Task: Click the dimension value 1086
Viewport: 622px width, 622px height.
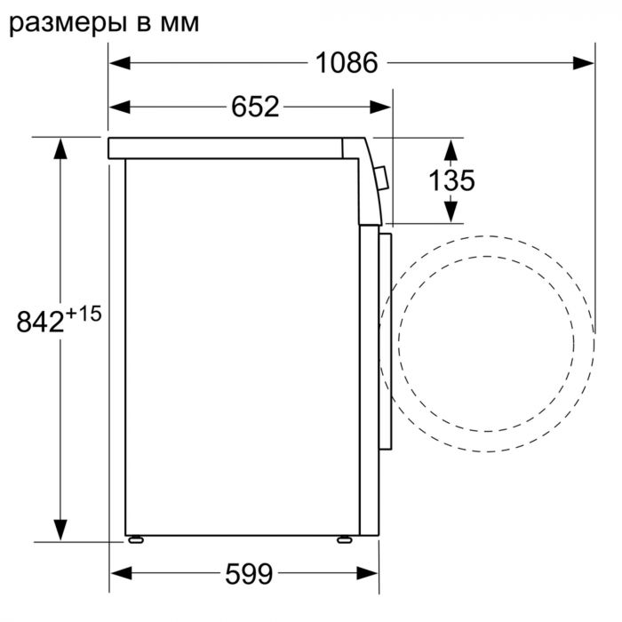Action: (346, 63)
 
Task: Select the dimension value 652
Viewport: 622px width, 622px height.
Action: (255, 108)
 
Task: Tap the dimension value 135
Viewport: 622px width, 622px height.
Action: (451, 180)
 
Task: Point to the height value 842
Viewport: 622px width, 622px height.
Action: (41, 321)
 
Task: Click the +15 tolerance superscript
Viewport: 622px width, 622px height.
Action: (85, 313)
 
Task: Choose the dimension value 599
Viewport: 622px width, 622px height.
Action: (248, 574)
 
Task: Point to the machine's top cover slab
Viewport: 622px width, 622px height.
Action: (231, 148)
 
